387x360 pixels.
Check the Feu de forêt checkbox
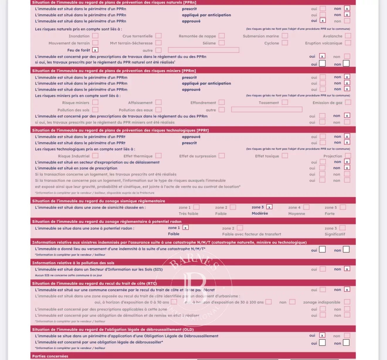point(95,50)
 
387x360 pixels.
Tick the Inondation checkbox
point(95,36)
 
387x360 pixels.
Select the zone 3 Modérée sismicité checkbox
point(269,207)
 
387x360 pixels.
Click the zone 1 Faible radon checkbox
point(186,227)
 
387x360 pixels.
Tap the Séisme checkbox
point(222,43)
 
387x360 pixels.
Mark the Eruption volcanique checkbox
point(348,43)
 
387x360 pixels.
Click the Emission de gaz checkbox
point(348,102)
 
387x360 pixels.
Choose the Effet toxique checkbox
point(285,156)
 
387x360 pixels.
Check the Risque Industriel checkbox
point(95,156)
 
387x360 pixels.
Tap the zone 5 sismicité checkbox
point(343,207)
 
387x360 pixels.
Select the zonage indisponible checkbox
point(347,302)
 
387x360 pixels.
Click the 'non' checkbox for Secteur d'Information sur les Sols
point(347,269)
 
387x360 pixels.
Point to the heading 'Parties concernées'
point(50,356)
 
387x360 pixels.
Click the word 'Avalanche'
point(332,36)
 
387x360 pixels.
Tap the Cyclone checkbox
point(285,43)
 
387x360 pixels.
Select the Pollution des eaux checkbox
point(159,110)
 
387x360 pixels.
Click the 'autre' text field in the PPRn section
point(203,50)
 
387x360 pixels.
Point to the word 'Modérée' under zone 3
point(260,213)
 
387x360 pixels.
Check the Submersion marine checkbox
point(285,36)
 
